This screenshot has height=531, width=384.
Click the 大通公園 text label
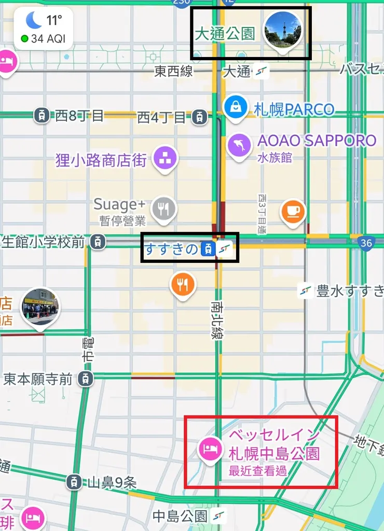coord(225,34)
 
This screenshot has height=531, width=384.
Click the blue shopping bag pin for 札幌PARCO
coord(236,106)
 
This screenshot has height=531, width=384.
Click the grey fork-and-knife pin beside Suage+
coord(164,209)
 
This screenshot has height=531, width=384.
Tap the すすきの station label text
coord(171,249)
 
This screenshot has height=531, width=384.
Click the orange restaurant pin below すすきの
coord(183,284)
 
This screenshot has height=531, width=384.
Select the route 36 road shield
coord(366,243)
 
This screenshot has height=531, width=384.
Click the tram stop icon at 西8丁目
coord(42,115)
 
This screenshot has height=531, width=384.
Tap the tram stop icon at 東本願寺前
coord(87,379)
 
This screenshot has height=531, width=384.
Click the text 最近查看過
coord(257,471)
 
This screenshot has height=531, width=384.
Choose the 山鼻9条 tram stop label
coord(111,483)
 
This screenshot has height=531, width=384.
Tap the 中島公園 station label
coord(180,516)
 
